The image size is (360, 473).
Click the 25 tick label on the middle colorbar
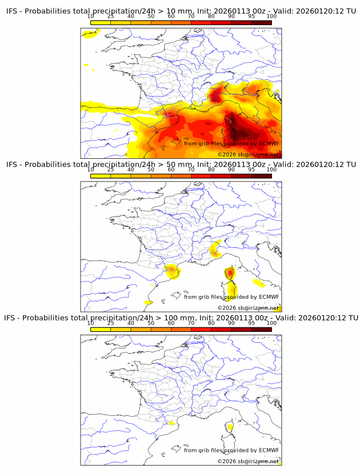[110, 170]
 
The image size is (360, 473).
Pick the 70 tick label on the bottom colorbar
[191, 323]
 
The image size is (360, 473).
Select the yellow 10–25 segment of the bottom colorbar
[101, 329]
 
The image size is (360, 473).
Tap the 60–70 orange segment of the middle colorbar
[181, 176]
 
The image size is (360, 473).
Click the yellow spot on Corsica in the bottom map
[230, 426]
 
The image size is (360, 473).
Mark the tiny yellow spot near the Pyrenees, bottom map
[171, 423]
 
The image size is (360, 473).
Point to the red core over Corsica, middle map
[230, 273]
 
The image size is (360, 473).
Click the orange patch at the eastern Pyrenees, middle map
[172, 271]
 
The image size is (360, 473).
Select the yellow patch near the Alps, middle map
[215, 248]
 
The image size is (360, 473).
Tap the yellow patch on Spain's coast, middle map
[148, 302]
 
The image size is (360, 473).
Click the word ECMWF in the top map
[269, 143]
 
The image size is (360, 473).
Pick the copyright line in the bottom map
[248, 461]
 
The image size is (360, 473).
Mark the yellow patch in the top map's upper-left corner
[90, 34]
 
